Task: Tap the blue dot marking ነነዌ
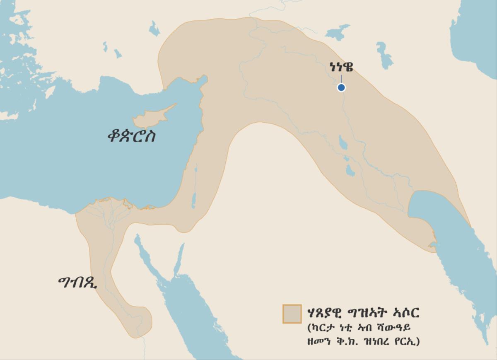[341, 87]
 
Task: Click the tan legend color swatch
[292, 314]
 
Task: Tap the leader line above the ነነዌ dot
[341, 78]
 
